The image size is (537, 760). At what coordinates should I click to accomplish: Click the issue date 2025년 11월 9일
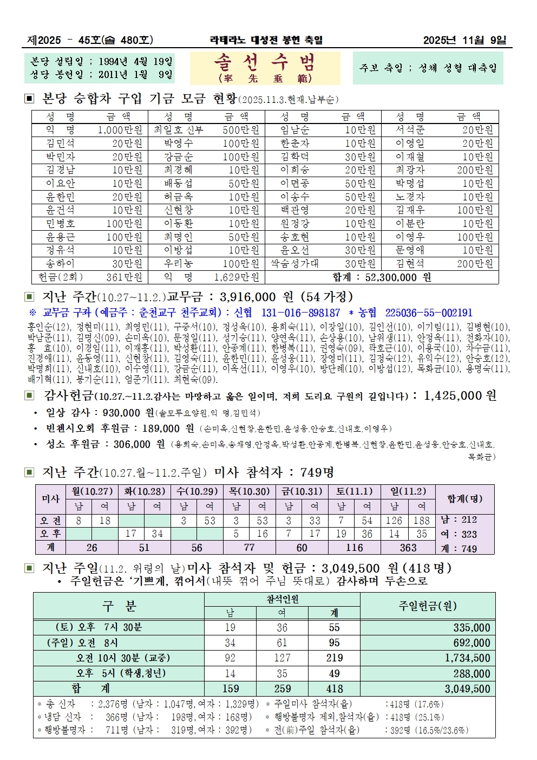tap(464, 40)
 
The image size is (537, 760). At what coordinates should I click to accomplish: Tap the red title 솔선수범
tap(265, 63)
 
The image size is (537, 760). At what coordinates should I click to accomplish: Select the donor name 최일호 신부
tap(178, 130)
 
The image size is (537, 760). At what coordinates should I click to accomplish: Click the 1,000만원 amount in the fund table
tap(120, 130)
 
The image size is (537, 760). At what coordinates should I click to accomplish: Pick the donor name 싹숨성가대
tap(295, 264)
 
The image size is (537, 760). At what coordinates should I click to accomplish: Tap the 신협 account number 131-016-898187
tap(300, 313)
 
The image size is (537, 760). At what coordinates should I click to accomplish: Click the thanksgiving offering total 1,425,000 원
tap(460, 396)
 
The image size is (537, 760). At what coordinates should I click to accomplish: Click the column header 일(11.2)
tap(408, 491)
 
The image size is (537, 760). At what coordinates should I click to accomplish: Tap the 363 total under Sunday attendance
tap(408, 548)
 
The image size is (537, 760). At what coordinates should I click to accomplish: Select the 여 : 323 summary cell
tap(459, 534)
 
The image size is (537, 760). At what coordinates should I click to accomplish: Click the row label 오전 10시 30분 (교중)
tap(123, 658)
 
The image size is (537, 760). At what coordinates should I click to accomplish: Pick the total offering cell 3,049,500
tap(467, 689)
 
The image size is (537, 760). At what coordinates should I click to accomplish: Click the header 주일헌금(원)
tap(427, 606)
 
